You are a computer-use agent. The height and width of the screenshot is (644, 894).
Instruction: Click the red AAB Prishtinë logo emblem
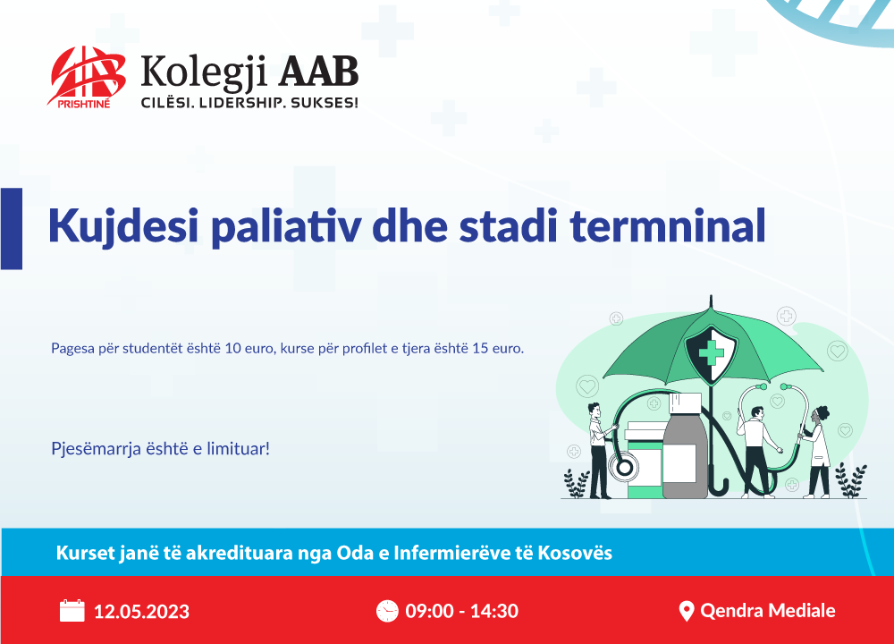click(87, 76)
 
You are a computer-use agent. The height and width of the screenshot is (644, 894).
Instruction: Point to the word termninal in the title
click(668, 226)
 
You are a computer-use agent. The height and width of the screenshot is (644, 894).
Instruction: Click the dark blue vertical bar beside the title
click(12, 228)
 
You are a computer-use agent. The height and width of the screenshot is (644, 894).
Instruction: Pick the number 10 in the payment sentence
click(233, 348)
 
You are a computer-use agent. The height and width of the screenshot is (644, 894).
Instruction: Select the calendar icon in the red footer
click(72, 610)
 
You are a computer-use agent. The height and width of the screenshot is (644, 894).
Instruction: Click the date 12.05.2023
click(141, 612)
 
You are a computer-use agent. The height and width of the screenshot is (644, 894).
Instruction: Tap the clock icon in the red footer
click(387, 611)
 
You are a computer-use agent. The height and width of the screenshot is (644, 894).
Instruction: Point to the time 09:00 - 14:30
click(462, 611)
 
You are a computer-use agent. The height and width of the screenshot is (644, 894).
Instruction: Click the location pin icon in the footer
click(687, 611)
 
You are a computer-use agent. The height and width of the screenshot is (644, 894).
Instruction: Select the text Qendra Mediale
click(767, 610)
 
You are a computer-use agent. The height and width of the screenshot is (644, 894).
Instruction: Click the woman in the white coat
click(816, 452)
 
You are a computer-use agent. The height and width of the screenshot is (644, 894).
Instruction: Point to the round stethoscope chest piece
click(623, 468)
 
